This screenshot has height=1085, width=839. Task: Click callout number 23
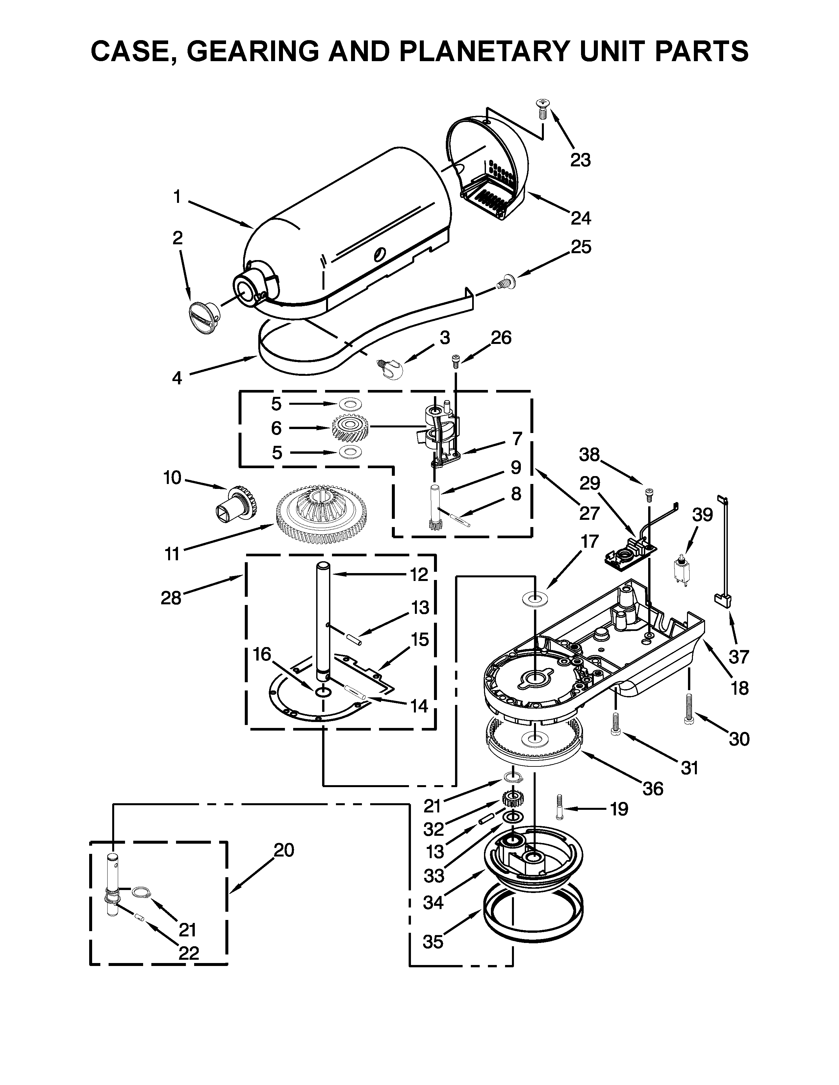[x=580, y=160]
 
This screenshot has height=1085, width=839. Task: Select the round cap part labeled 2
[x=204, y=314]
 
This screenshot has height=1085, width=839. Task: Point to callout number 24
[x=580, y=218]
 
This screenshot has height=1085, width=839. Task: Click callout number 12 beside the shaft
[x=419, y=574]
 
